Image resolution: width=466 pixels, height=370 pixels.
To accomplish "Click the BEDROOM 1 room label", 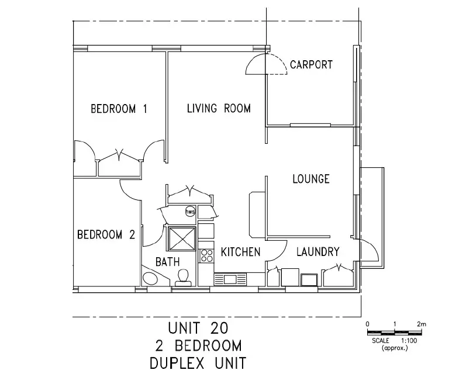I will coord(119,109).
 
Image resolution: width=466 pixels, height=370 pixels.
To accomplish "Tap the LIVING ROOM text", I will coord(219,108).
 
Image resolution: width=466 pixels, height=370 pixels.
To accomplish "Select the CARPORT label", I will coord(311,65).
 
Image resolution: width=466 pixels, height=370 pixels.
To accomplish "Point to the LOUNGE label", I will coord(310,179).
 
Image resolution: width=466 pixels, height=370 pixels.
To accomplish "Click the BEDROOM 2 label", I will coord(106,235).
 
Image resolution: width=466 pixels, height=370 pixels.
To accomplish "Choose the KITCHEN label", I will coord(240,253).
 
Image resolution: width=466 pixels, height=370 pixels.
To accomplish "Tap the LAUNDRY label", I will coord(317,253).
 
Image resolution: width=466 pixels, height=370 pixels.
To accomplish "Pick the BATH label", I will coord(167,262).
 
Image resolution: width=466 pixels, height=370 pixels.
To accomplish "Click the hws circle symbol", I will coord(190,212).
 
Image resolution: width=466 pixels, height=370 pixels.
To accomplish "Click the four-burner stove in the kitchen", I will coord(206,255).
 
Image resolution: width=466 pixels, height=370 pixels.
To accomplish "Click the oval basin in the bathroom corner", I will coord(153,278).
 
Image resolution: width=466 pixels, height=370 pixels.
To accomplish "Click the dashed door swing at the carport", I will coord(256,65).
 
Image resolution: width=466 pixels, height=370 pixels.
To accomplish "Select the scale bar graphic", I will coord(394,331).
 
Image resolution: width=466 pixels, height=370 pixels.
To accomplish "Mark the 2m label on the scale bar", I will coord(422,323).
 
